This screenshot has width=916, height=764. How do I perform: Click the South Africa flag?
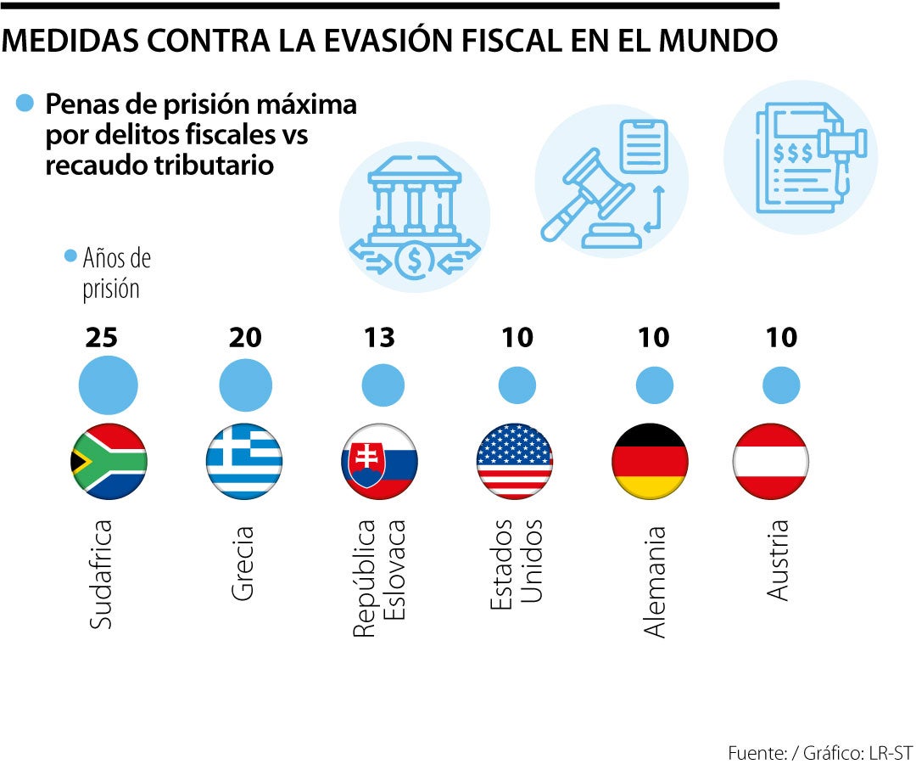(109, 461)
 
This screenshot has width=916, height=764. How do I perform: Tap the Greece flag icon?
(244, 461)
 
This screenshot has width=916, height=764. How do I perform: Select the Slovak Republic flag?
(380, 461)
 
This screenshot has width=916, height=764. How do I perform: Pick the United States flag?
(515, 461)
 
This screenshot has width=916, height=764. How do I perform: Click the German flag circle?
(650, 461)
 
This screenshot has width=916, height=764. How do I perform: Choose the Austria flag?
(770, 461)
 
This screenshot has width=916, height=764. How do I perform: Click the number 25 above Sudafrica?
(102, 338)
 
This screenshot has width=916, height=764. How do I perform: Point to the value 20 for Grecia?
(245, 338)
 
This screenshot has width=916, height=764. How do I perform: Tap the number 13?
(380, 338)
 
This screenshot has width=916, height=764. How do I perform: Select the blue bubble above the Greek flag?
(245, 385)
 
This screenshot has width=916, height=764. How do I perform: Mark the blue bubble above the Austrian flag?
(781, 385)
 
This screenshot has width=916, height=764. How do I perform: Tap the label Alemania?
(655, 581)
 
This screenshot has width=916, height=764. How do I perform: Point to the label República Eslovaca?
(379, 578)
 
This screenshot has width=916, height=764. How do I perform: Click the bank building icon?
(415, 216)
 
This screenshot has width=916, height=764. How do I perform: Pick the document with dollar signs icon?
(801, 157)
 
